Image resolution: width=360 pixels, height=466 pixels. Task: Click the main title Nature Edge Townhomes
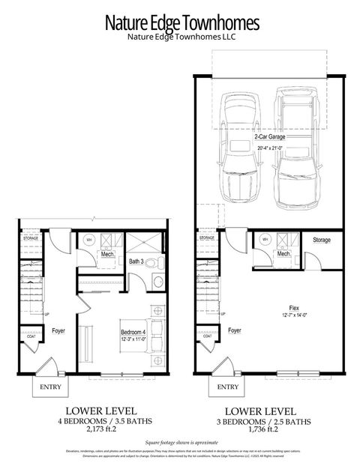[x=181, y=22]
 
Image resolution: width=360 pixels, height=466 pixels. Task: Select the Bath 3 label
[x=136, y=261]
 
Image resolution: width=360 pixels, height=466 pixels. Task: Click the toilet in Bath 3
[x=150, y=263]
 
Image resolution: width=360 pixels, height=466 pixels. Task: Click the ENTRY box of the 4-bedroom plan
[x=51, y=387]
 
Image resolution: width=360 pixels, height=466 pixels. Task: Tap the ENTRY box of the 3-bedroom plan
[x=229, y=387]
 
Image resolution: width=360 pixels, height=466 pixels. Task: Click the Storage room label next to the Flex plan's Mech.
[x=321, y=240]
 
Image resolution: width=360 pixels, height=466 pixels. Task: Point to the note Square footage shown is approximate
[x=181, y=444]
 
